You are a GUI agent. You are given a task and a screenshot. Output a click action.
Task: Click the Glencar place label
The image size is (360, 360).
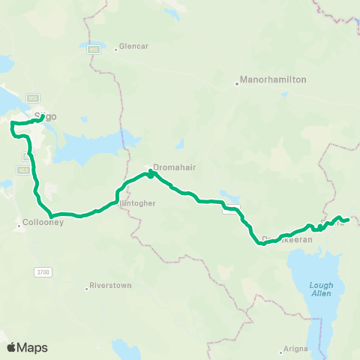pyautogui.click(x=133, y=46)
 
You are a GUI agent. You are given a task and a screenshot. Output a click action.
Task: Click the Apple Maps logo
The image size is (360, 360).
pyautogui.click(x=27, y=347)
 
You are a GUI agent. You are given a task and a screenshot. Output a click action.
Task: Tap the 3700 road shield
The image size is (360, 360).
pyautogui.click(x=42, y=271)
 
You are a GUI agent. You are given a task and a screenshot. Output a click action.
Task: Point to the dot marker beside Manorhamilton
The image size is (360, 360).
pyautogui.click(x=236, y=83)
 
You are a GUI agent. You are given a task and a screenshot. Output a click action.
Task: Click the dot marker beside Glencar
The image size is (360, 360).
pyautogui.click(x=115, y=49)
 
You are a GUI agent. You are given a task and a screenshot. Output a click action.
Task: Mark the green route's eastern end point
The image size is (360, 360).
pyautogui.click(x=349, y=219)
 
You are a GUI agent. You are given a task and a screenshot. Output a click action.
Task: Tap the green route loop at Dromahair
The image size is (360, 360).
pyautogui.click(x=151, y=174)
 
